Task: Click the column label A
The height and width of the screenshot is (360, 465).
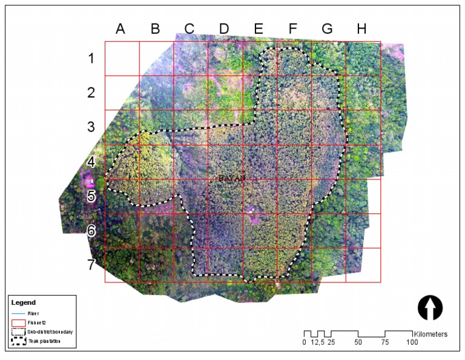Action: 120,28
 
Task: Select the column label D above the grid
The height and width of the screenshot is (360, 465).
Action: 224,28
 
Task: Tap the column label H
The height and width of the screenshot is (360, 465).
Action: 361,28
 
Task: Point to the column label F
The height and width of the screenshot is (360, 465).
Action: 293,28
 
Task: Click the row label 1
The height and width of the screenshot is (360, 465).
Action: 91,59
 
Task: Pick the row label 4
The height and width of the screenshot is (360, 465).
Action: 91,162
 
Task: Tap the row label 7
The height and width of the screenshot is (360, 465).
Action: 91,265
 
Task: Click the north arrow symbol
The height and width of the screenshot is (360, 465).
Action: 430,308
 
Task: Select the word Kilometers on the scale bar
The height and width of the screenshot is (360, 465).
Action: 430,334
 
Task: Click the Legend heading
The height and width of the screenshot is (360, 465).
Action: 24,302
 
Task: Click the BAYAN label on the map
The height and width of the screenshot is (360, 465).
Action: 231,178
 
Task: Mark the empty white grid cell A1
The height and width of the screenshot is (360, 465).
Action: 122,59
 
